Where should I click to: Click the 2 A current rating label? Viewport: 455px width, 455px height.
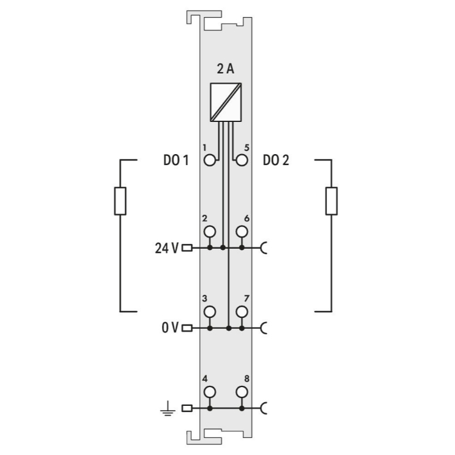(226, 69)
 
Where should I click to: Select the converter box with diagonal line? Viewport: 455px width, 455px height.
(226, 102)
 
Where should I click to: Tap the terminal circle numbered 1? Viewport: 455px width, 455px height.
(210, 160)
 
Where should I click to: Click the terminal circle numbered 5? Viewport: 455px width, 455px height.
(241, 160)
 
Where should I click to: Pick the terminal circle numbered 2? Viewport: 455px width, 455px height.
(210, 232)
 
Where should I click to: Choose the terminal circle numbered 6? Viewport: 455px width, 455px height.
(241, 232)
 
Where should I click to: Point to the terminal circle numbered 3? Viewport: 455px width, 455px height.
(210, 312)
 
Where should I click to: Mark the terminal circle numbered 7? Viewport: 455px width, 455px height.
(241, 312)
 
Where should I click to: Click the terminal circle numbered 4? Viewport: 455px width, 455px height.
(210, 392)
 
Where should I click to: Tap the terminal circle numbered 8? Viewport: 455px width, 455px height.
(241, 392)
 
